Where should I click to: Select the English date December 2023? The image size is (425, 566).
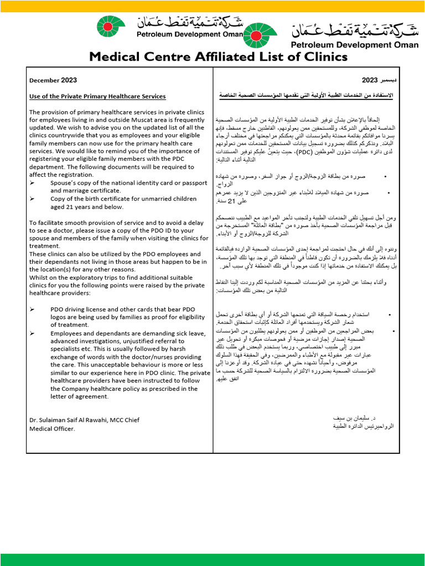(53, 80)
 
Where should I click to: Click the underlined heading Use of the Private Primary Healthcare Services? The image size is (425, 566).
(97, 96)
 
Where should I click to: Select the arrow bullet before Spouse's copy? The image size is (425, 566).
(32, 182)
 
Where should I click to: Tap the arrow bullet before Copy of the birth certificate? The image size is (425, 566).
(32, 198)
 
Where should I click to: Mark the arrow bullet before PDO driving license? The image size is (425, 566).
(32, 309)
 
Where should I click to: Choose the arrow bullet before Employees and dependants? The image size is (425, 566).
(32, 333)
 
